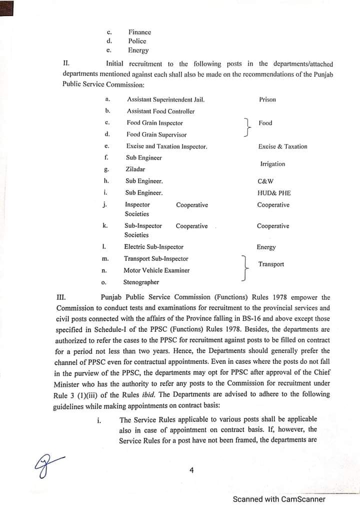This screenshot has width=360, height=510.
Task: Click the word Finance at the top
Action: [139, 32]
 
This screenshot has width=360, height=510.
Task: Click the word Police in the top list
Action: [137, 41]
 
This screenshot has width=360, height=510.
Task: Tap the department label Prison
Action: [267, 100]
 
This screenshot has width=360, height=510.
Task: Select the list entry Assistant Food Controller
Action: [160, 111]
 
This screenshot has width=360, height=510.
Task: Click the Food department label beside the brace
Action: [265, 123]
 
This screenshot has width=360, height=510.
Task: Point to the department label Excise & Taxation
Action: [282, 146]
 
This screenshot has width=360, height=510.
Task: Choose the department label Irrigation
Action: [272, 164]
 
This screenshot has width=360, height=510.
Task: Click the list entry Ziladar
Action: [135, 169]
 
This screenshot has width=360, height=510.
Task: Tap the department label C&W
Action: [265, 181]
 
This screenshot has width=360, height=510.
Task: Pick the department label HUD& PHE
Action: [273, 193]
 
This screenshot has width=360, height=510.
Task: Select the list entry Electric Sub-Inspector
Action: [153, 247]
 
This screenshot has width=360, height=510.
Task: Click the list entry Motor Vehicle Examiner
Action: [156, 270]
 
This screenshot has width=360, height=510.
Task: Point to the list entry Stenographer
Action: [141, 282]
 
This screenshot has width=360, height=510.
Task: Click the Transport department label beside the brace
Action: [271, 264]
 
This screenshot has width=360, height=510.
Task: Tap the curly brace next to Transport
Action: [244, 268]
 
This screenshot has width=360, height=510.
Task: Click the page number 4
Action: [191, 470]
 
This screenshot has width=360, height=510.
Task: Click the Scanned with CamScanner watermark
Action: [279, 499]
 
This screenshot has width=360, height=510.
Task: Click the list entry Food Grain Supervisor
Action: [156, 134]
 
